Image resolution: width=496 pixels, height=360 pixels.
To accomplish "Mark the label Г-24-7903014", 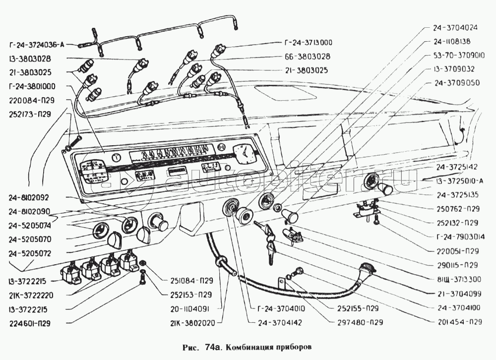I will click(457, 237).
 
